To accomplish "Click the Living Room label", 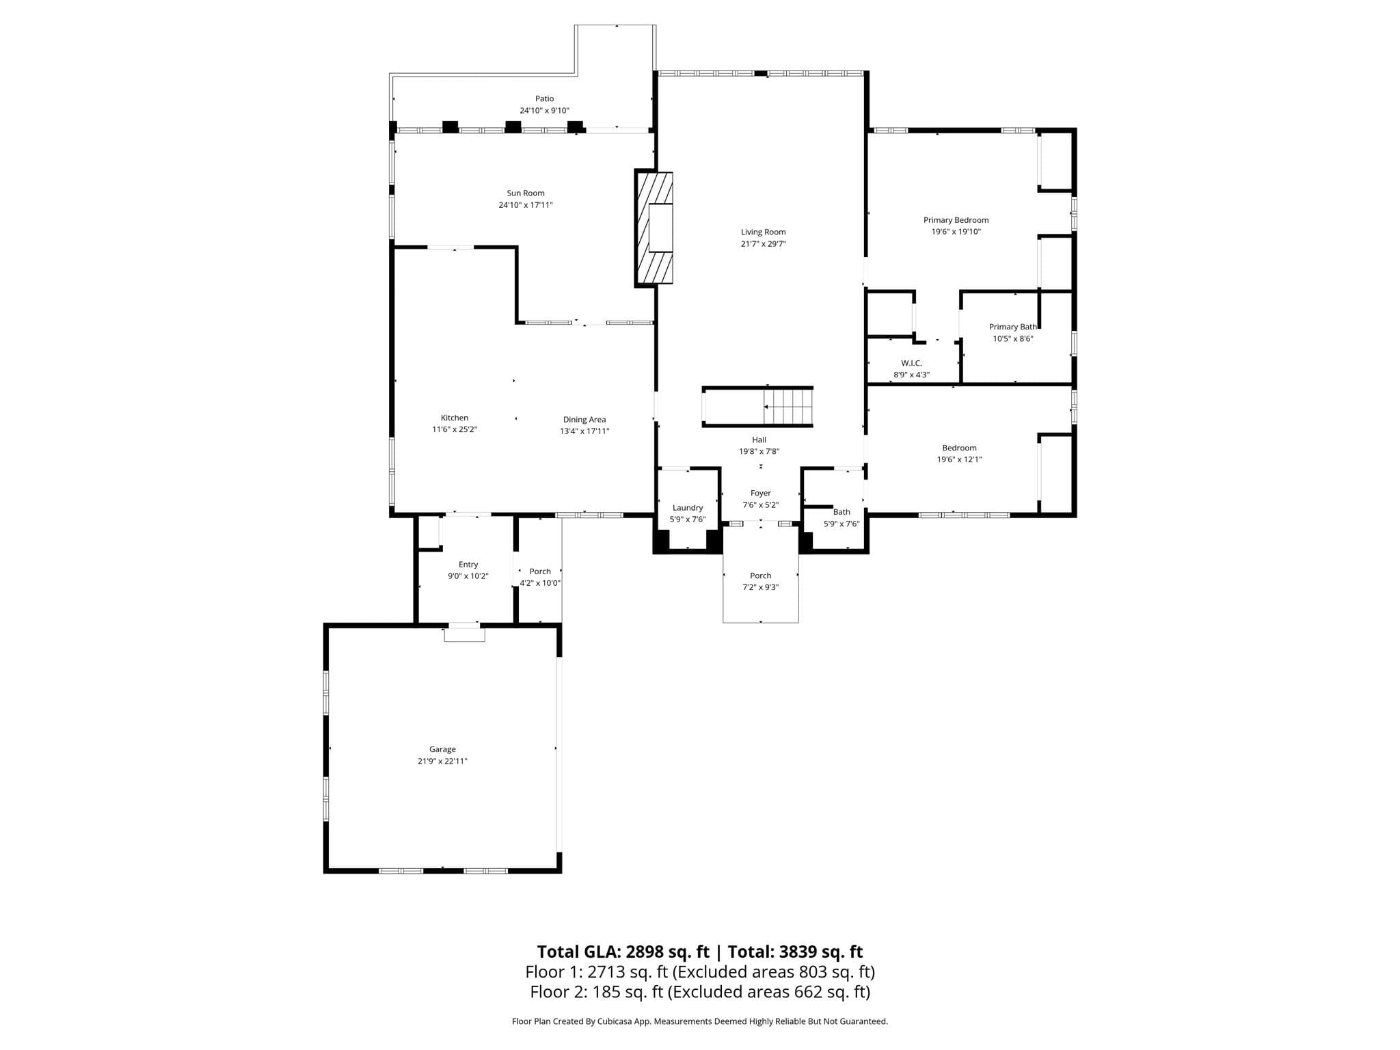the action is coord(763,232).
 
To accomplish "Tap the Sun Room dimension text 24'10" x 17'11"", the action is coord(525,205).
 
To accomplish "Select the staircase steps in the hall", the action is coord(788,407).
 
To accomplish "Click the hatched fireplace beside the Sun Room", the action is coord(654,228).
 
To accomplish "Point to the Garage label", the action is coord(442,749).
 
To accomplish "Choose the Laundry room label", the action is coord(687,508).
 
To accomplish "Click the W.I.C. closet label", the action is coord(911,363).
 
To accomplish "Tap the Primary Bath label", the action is coord(1012,327).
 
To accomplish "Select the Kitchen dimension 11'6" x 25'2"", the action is coord(454,429).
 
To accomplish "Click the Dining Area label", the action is coord(584,420).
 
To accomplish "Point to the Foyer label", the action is coord(760,493).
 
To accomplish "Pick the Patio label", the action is coord(544,98).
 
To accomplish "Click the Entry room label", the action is coord(468,565).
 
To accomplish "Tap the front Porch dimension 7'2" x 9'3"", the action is coord(760,587).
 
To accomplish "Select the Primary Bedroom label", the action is coord(956,220).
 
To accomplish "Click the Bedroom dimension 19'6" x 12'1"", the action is coord(959,459).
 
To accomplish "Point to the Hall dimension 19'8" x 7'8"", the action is coord(759,451).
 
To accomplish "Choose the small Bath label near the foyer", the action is coord(842,512).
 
